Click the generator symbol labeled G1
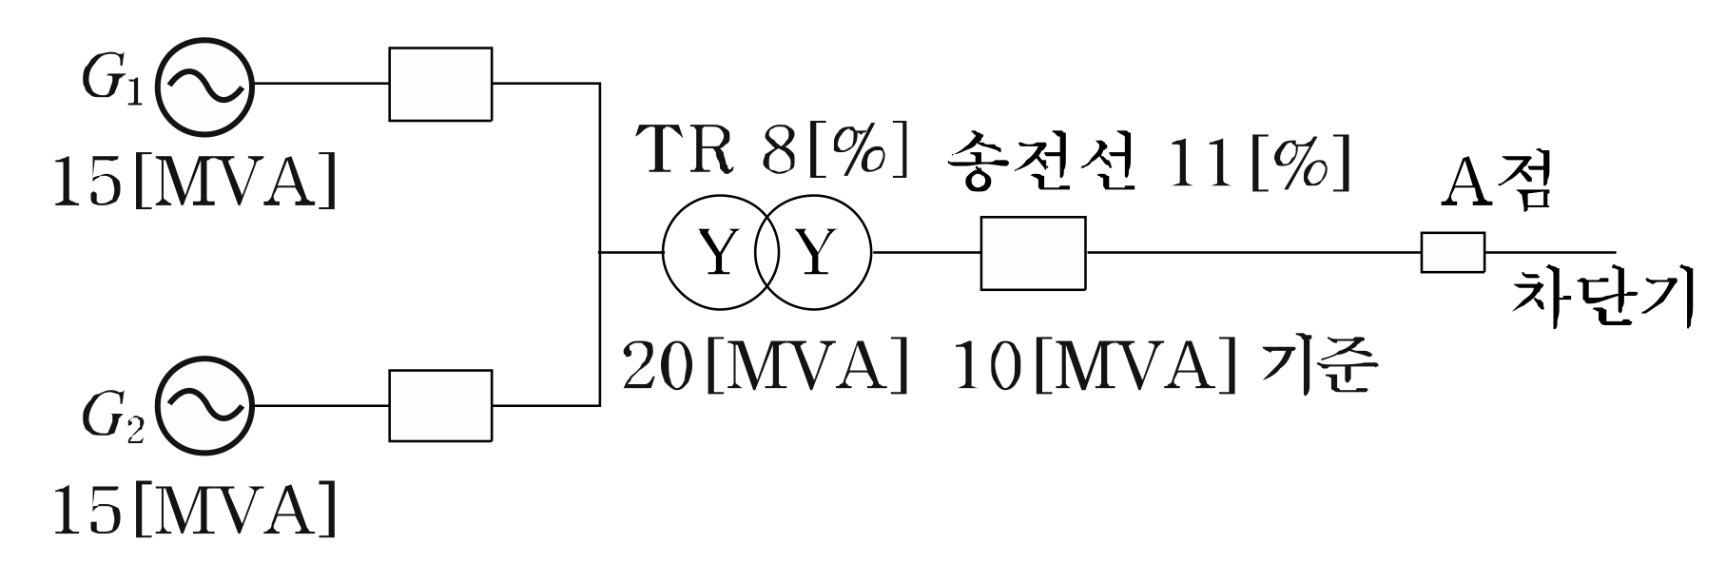(204, 85)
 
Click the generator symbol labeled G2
(204, 406)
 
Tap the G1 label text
(111, 84)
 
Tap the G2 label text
(111, 418)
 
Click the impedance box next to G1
(440, 85)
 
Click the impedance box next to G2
(440, 406)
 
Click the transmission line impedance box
(1033, 253)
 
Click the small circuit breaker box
(1452, 253)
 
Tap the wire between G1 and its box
(320, 84)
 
